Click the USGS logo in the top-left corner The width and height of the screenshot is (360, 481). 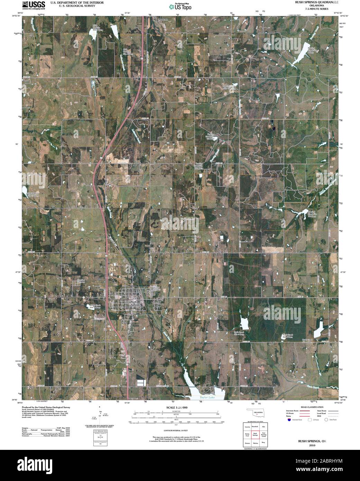click(x=34, y=5)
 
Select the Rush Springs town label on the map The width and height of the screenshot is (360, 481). click(x=135, y=303)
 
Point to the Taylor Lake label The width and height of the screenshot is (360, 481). click(x=207, y=398)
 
